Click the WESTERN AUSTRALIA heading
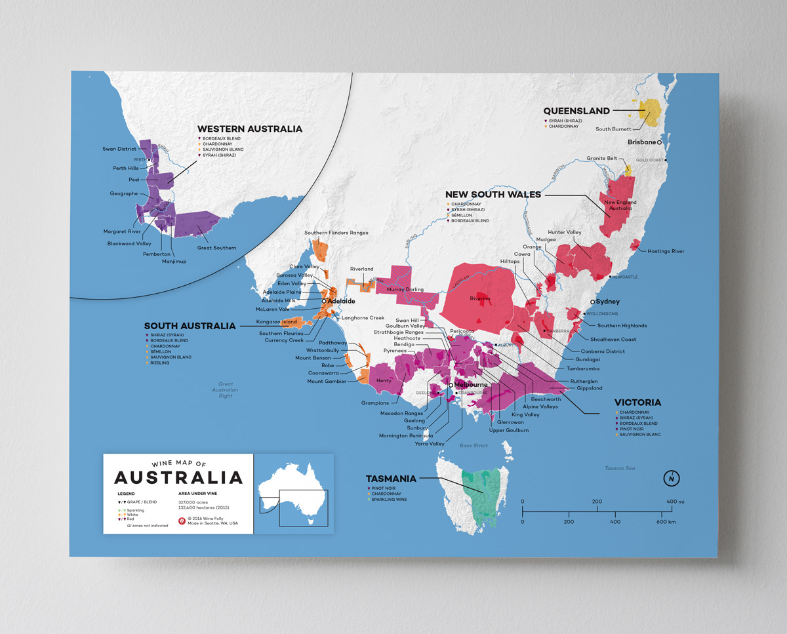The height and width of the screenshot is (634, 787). tap(250, 129)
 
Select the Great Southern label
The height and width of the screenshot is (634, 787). tap(216, 248)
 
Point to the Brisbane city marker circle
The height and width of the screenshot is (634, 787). tap(659, 142)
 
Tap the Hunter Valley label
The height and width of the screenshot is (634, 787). tap(565, 232)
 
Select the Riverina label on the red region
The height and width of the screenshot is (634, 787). tap(479, 298)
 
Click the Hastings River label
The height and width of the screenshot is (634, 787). tap(665, 251)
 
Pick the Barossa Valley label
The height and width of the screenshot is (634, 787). tap(294, 275)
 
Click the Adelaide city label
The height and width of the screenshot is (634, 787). tap(341, 301)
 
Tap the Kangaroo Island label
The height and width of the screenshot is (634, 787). tap(276, 322)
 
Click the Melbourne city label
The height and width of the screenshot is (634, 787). tap(471, 384)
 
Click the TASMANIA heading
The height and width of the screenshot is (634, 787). tap(391, 479)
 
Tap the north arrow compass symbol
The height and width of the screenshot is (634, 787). tap(670, 479)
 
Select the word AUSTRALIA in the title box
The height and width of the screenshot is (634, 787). tap(178, 477)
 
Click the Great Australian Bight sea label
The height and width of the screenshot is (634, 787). tap(226, 390)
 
